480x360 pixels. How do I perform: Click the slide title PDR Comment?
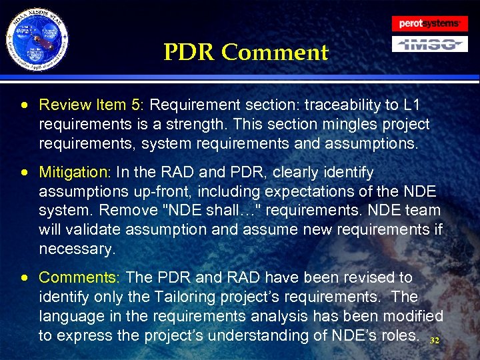[246, 52]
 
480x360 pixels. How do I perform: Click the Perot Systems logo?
[429, 23]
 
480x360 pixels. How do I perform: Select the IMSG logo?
[429, 45]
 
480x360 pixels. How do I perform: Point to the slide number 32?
[435, 341]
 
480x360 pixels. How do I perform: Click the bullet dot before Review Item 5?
[24, 105]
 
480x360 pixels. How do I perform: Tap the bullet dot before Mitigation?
[24, 173]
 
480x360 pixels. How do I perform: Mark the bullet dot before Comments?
[24, 277]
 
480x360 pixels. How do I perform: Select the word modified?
[409, 315]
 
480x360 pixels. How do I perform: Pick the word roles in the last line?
[399, 335]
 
